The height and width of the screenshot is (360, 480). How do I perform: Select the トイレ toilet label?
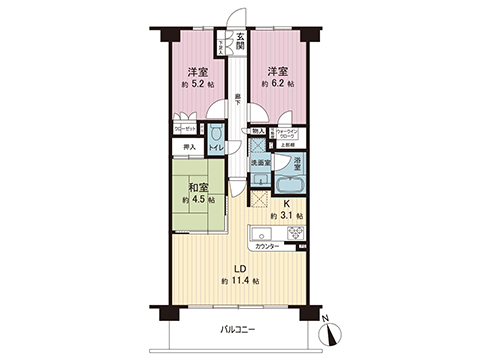[217, 149]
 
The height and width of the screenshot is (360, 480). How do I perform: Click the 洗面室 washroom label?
[261, 161]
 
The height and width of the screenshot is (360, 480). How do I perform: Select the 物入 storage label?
[258, 131]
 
